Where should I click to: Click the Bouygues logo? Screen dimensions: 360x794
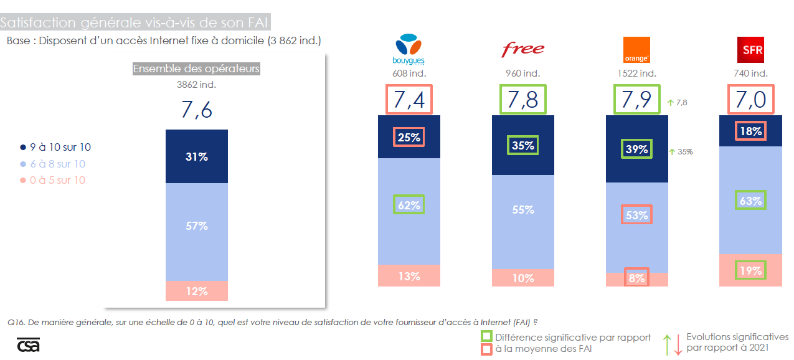pyautogui.click(x=409, y=50)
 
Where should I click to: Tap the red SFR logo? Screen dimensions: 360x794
pyautogui.click(x=750, y=50)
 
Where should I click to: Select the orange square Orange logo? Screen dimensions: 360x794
pyautogui.click(x=636, y=50)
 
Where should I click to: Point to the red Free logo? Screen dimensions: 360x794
pyautogui.click(x=523, y=49)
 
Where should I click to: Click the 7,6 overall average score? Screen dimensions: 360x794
pyautogui.click(x=197, y=110)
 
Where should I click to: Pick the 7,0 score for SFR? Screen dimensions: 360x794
pyautogui.click(x=750, y=99)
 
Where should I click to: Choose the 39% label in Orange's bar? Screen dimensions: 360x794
pyautogui.click(x=636, y=149)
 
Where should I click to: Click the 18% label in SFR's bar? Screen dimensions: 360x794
pyautogui.click(x=750, y=131)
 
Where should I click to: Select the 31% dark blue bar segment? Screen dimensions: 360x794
pyautogui.click(x=197, y=157)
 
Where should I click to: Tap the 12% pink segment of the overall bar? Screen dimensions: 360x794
pyautogui.click(x=197, y=291)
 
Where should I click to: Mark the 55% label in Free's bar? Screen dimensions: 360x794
pyautogui.click(x=523, y=210)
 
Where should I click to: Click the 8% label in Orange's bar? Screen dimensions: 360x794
pyautogui.click(x=636, y=278)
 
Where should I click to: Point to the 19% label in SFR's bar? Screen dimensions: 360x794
pyautogui.click(x=750, y=270)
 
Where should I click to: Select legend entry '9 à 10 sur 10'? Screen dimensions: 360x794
pyautogui.click(x=56, y=148)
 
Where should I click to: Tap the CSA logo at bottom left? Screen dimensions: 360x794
pyautogui.click(x=28, y=345)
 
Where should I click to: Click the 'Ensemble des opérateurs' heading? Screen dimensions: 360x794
pyautogui.click(x=196, y=69)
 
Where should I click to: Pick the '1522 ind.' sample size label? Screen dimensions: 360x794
pyautogui.click(x=636, y=73)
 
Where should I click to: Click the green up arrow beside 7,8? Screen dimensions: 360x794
pyautogui.click(x=670, y=103)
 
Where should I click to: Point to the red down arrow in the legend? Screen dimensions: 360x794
pyautogui.click(x=678, y=344)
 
